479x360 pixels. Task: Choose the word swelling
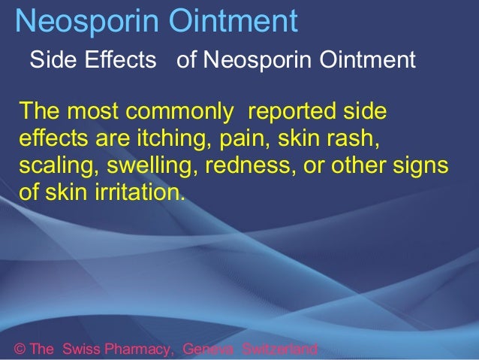[x=146, y=165]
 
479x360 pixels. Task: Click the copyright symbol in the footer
[x=20, y=349]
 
